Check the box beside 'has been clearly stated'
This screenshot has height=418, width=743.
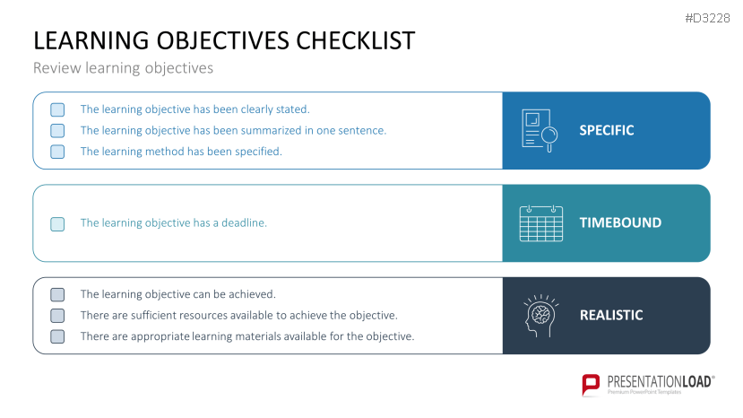click(57, 109)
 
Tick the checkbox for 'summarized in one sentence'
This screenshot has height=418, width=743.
click(57, 130)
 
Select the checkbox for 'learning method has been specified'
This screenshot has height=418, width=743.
click(57, 152)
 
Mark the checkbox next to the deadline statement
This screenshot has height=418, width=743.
click(57, 224)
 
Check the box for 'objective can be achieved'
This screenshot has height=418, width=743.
click(57, 294)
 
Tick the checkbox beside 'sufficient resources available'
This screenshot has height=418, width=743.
click(57, 316)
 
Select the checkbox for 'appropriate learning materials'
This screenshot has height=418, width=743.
click(57, 336)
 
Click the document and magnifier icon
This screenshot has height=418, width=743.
click(540, 130)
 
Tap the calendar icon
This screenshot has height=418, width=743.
click(541, 223)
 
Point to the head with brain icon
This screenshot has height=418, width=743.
click(541, 316)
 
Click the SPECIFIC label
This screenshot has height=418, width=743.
click(607, 130)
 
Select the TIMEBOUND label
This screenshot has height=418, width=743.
click(620, 222)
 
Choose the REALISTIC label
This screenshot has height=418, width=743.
click(611, 315)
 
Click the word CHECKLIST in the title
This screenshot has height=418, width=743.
click(356, 40)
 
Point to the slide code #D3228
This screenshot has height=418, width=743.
click(707, 19)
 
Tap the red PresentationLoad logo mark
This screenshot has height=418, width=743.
click(591, 384)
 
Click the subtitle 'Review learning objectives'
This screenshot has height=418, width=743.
click(123, 68)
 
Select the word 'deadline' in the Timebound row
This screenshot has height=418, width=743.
click(244, 223)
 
